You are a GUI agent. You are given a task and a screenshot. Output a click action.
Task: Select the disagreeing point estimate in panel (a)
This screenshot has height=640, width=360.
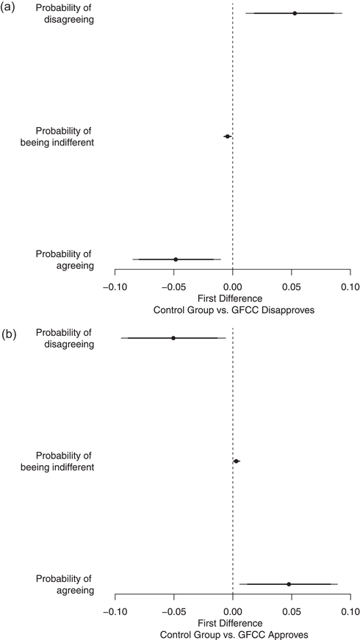click(x=295, y=13)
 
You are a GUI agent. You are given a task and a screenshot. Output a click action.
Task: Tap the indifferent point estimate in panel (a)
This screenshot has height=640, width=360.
click(x=228, y=136)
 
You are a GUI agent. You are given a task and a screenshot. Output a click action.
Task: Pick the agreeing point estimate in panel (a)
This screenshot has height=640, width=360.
click(x=176, y=259)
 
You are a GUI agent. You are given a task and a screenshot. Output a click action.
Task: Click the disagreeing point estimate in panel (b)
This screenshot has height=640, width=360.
click(x=173, y=338)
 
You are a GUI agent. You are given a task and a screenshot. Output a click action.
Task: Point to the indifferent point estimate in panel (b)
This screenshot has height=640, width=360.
click(x=237, y=461)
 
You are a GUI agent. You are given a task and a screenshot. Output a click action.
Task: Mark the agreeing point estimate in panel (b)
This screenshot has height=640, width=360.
click(x=289, y=584)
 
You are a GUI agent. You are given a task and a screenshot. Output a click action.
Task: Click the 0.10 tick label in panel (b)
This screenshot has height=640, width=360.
click(x=350, y=610)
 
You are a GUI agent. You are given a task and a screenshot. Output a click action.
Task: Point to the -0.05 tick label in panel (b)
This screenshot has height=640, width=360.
click(x=173, y=610)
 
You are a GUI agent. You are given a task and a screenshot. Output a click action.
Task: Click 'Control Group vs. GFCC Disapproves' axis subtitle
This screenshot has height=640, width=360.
click(x=233, y=310)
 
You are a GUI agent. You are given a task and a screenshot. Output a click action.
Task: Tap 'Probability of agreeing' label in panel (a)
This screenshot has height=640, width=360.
click(x=64, y=260)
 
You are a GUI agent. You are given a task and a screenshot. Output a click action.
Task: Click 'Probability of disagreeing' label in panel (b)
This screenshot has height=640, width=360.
click(x=64, y=338)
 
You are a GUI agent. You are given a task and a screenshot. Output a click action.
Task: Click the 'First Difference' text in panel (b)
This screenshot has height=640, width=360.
click(x=233, y=622)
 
